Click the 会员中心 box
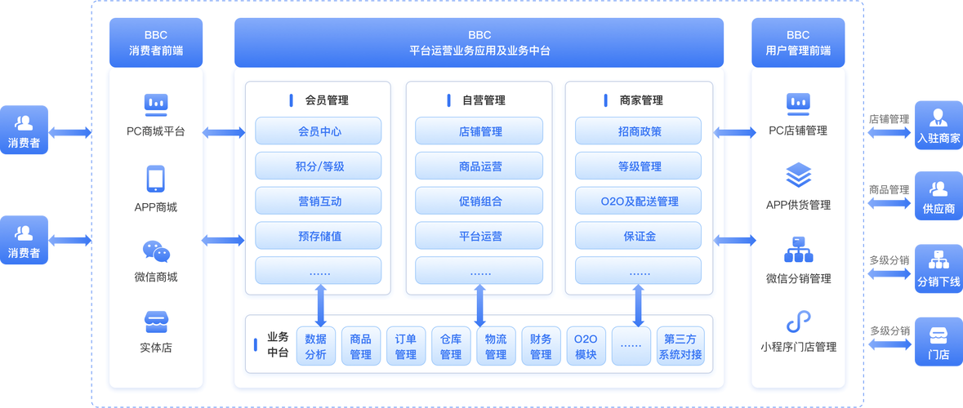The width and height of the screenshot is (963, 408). click(x=319, y=131)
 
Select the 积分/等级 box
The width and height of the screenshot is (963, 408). click(x=319, y=166)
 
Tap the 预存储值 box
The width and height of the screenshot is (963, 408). click(x=319, y=237)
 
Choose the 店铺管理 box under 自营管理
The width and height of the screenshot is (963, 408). click(x=479, y=131)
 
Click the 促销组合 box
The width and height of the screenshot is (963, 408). click(x=479, y=202)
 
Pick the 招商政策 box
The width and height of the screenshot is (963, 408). click(x=639, y=131)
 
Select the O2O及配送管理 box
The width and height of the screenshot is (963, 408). click(x=639, y=202)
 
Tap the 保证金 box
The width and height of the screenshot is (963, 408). click(x=639, y=237)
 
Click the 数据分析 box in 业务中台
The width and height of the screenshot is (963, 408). click(x=316, y=346)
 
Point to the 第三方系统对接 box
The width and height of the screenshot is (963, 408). click(x=680, y=346)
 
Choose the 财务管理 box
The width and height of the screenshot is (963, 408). click(x=541, y=346)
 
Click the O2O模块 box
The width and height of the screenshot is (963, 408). click(x=586, y=346)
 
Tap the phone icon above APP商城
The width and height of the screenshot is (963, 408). click(x=155, y=179)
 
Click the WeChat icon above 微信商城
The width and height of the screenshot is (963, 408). click(x=155, y=251)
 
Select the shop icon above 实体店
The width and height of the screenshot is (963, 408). click(x=155, y=321)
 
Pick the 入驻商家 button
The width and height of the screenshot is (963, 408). click(x=938, y=126)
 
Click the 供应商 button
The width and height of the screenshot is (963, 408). click(x=938, y=197)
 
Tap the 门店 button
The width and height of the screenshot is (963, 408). click(x=938, y=343)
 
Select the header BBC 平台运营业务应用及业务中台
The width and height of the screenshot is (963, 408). click(x=479, y=42)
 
